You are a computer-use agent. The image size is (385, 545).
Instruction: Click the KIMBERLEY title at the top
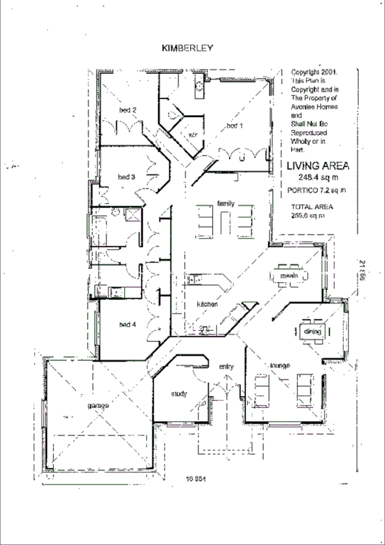tap(188, 48)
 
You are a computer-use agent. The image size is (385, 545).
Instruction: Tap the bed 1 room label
tap(234, 125)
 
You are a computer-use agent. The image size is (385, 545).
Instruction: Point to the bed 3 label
tap(125, 176)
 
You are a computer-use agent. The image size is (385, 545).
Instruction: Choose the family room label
tap(226, 203)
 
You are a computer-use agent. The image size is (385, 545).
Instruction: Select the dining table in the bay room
tap(312, 332)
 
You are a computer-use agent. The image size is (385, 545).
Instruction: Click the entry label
tap(226, 366)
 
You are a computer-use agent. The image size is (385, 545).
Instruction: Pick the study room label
tap(179, 393)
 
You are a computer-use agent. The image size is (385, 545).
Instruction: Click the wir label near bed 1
tap(192, 135)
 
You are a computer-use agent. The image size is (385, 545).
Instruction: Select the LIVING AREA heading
tap(318, 166)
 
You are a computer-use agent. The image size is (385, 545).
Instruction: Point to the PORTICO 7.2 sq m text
tap(317, 190)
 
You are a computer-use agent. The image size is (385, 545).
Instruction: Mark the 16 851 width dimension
tap(197, 478)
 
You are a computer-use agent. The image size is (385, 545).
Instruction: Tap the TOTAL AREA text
tap(312, 207)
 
